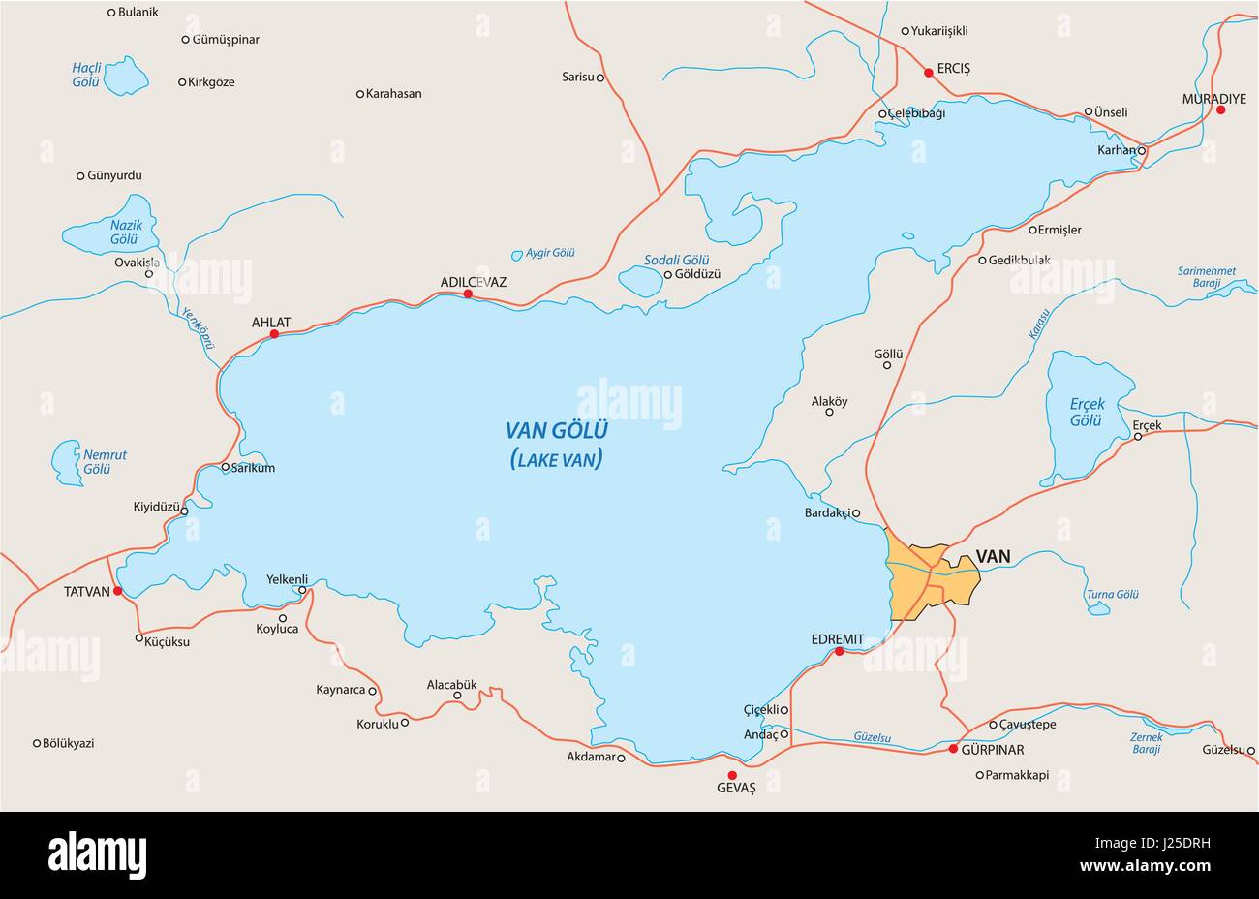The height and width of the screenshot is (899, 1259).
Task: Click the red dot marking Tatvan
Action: pyautogui.click(x=118, y=591)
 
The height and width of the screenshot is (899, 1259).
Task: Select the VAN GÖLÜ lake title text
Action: pyautogui.click(x=556, y=430)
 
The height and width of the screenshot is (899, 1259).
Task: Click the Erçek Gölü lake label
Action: pyautogui.click(x=1087, y=413)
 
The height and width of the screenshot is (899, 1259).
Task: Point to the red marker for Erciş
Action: pyautogui.click(x=928, y=72)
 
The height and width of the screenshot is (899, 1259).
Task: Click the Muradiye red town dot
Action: pyautogui.click(x=1220, y=110)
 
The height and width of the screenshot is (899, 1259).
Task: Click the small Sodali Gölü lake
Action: pyautogui.click(x=638, y=282)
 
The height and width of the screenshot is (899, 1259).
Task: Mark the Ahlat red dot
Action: pyautogui.click(x=274, y=334)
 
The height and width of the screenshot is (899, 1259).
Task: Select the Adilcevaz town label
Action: pyautogui.click(x=473, y=282)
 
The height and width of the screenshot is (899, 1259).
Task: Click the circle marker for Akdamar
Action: pyautogui.click(x=621, y=759)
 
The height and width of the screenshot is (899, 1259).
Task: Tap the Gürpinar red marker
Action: pyautogui.click(x=953, y=749)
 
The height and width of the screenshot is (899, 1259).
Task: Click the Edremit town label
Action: pyautogui.click(x=838, y=639)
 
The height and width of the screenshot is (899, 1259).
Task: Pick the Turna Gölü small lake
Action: pyautogui.click(x=1098, y=609)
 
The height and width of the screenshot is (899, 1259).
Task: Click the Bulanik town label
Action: pyautogui.click(x=138, y=13)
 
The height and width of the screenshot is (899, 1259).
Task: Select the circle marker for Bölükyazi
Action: pyautogui.click(x=37, y=743)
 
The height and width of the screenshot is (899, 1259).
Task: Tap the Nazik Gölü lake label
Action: pyautogui.click(x=126, y=232)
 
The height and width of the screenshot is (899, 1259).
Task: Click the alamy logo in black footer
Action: pyautogui.click(x=97, y=855)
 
